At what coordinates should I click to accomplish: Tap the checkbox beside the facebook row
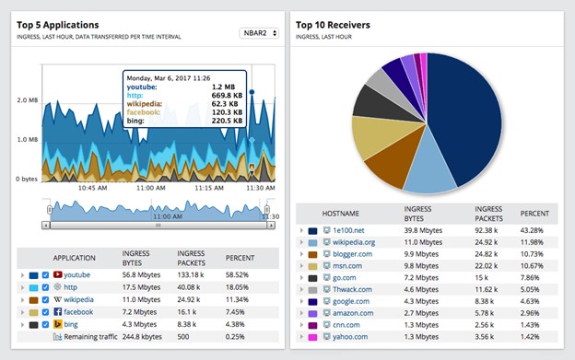click(46, 312)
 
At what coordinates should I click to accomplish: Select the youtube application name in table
click(77, 274)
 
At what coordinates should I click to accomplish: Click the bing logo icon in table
click(57, 325)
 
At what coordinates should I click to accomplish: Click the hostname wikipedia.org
click(354, 242)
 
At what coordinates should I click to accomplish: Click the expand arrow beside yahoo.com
click(301, 337)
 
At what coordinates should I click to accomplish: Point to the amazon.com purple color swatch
click(312, 313)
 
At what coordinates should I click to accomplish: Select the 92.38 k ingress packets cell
click(488, 229)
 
